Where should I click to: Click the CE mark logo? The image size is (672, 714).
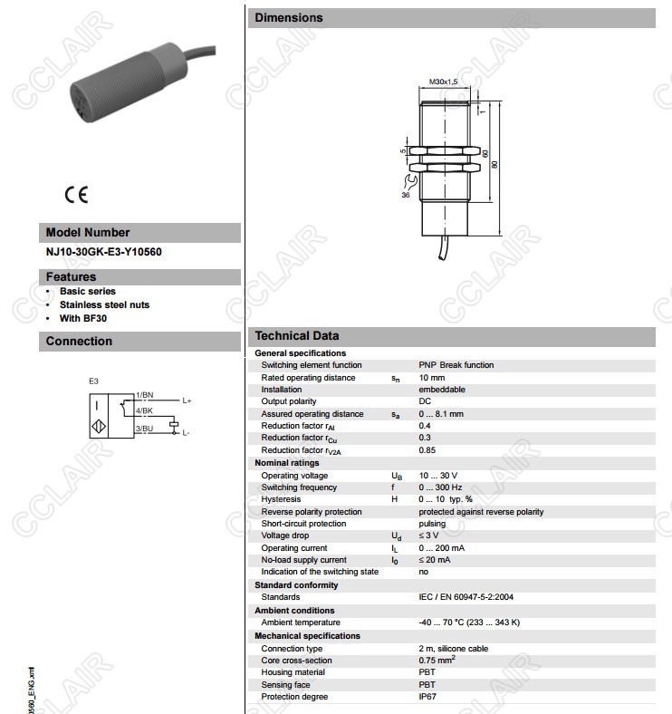76,193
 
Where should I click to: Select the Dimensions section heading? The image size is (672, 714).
288,17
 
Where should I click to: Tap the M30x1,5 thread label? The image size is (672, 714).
444,82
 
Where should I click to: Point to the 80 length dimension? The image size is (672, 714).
494,165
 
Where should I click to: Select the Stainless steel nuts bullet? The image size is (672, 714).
104,304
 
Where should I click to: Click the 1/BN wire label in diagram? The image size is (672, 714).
144,395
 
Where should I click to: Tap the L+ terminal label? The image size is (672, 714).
187,400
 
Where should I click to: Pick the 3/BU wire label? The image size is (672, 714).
144,428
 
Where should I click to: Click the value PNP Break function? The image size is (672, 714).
456,365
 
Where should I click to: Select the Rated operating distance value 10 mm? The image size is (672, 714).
431,378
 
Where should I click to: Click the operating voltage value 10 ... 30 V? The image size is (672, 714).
437,476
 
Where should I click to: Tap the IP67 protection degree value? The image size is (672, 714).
427,697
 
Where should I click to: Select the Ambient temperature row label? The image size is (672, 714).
301,622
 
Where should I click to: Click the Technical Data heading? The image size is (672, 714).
296,336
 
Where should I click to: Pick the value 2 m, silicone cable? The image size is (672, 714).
453,649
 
